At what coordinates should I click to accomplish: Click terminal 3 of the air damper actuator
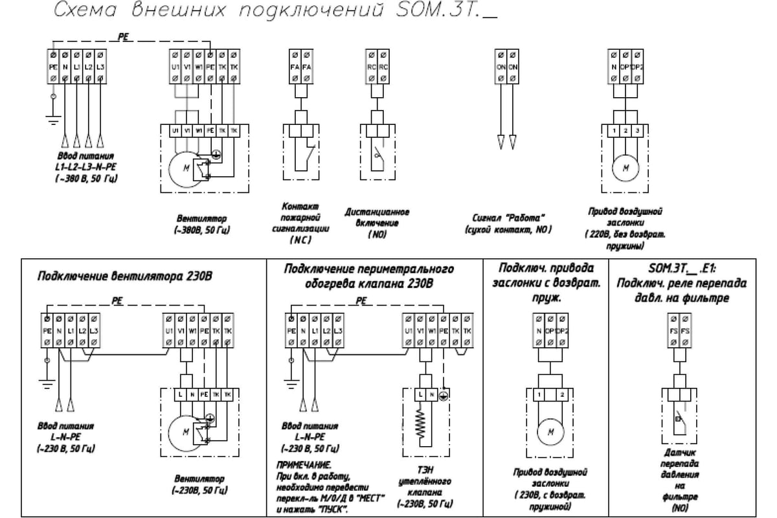[638, 131]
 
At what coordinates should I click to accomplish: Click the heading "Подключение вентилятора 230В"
[126, 277]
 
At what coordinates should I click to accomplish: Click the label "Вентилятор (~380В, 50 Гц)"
[203, 224]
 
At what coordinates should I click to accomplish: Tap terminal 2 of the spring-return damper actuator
[563, 394]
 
